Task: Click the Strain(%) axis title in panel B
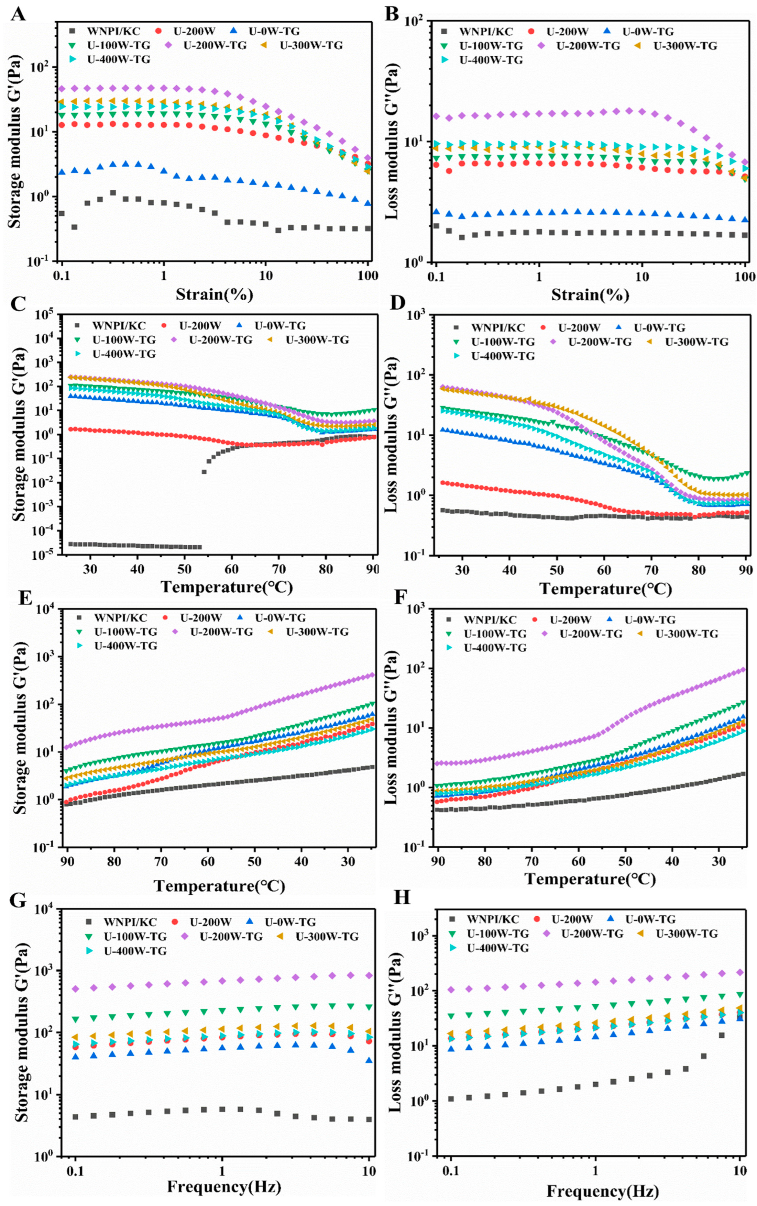pos(590,295)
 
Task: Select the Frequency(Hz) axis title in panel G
pos(224,1186)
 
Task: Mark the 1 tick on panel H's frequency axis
pos(596,1172)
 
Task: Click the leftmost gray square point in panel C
pos(70,544)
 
